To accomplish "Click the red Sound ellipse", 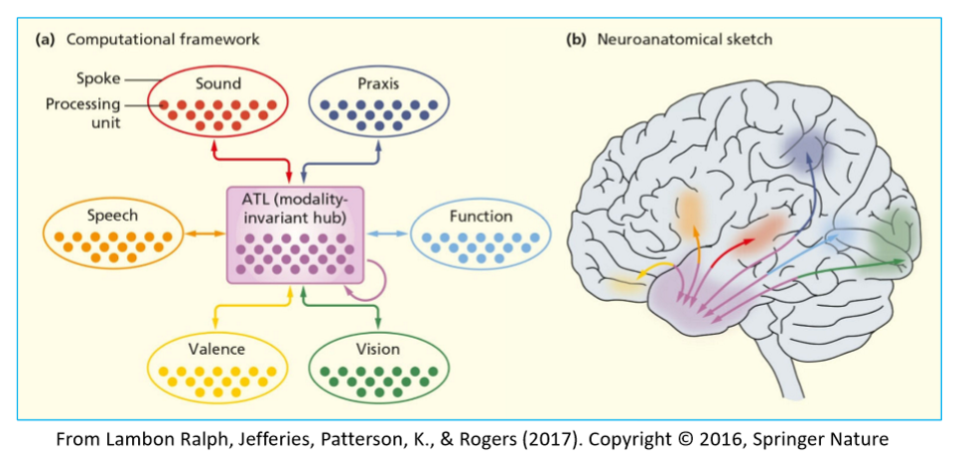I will (x=217, y=102).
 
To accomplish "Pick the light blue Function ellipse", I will (x=480, y=234).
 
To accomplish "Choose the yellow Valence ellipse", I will (x=216, y=368).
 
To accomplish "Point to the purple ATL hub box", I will (x=296, y=232).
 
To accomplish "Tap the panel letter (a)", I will (x=44, y=40).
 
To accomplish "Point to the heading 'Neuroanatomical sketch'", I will (x=685, y=40).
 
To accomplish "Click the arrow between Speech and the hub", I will (x=204, y=233).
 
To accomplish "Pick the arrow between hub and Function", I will (x=386, y=233).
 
